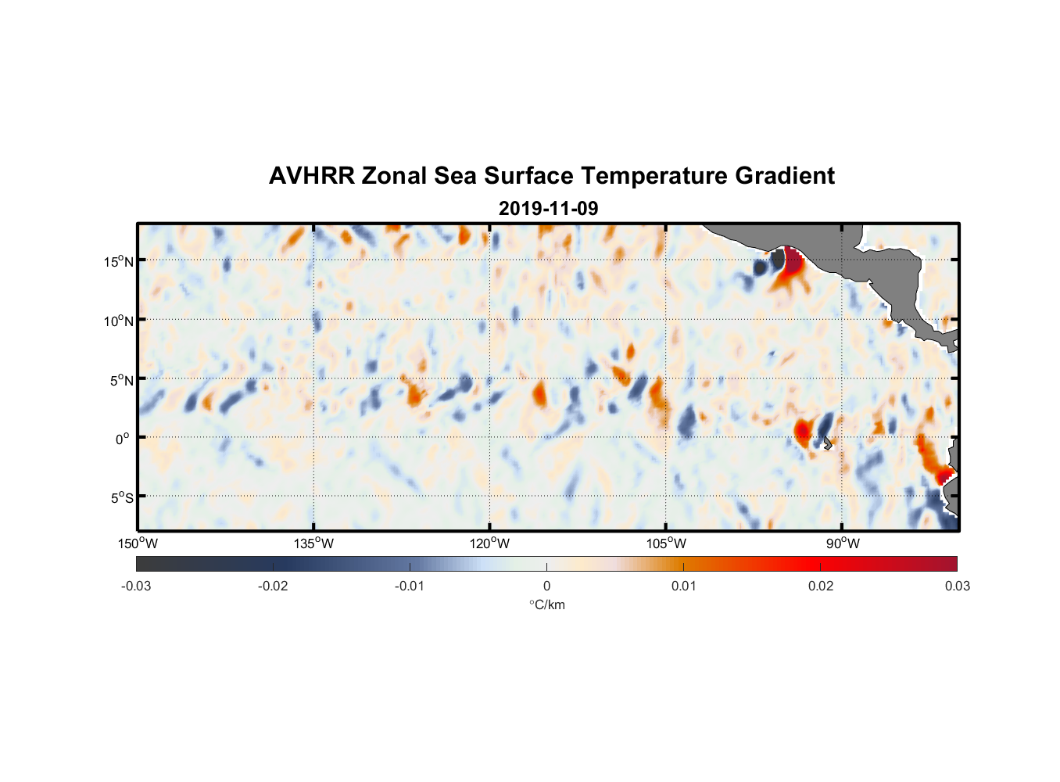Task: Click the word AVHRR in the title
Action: (x=311, y=176)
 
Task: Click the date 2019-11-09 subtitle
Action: (x=548, y=209)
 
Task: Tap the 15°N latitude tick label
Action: (x=119, y=261)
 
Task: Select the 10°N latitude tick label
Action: (x=119, y=321)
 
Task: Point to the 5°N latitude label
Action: (x=121, y=380)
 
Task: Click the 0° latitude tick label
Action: (x=123, y=439)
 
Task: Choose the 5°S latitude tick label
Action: (x=121, y=497)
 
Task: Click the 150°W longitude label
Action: (x=138, y=543)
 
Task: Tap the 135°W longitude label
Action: (x=314, y=543)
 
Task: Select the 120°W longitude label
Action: (x=490, y=543)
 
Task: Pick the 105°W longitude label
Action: (x=666, y=543)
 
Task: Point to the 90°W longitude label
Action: (x=843, y=543)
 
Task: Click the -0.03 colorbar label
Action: (x=136, y=586)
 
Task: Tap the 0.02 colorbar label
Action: (x=821, y=586)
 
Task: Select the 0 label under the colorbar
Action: (x=546, y=586)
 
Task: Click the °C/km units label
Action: (x=547, y=604)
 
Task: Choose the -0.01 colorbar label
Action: (x=410, y=586)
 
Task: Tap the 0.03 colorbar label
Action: (x=957, y=586)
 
